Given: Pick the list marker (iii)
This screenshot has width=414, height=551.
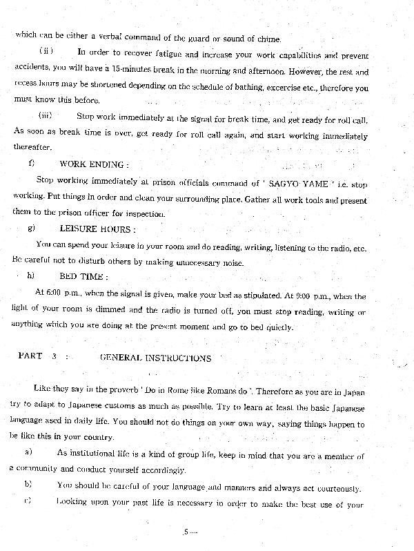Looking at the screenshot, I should point(46,115).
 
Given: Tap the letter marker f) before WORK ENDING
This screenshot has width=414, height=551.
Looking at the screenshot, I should point(32,164).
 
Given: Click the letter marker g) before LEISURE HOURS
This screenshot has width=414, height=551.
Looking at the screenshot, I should point(31,229).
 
